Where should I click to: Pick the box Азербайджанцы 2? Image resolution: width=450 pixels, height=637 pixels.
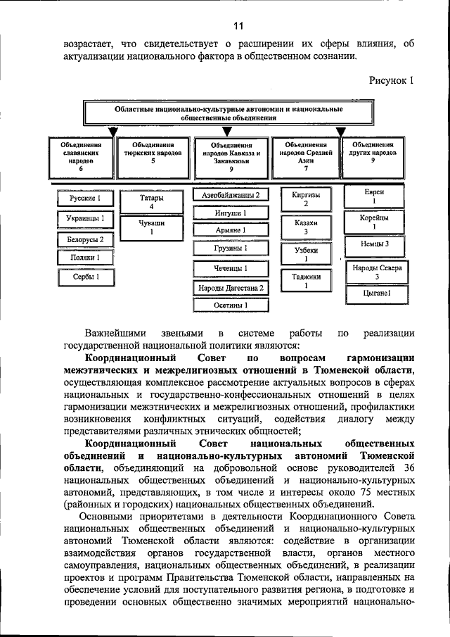230,195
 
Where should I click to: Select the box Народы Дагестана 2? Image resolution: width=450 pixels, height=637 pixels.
230,288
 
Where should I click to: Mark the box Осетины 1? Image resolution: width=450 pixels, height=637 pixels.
230,306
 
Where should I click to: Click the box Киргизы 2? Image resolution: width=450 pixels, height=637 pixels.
306,199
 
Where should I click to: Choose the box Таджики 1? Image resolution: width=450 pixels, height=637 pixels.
306,281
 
